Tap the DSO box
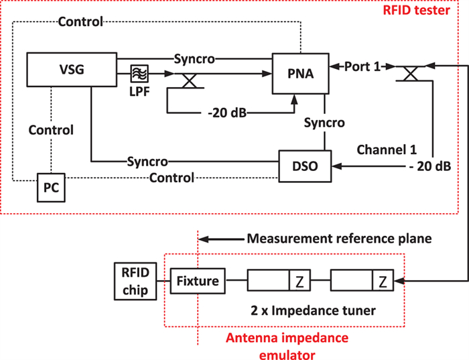point(306,165)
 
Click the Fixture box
point(198,281)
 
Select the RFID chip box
point(135,281)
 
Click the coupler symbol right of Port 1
point(409,74)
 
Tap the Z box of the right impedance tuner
point(383,281)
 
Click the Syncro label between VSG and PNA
point(195,58)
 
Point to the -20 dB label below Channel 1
point(428,165)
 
